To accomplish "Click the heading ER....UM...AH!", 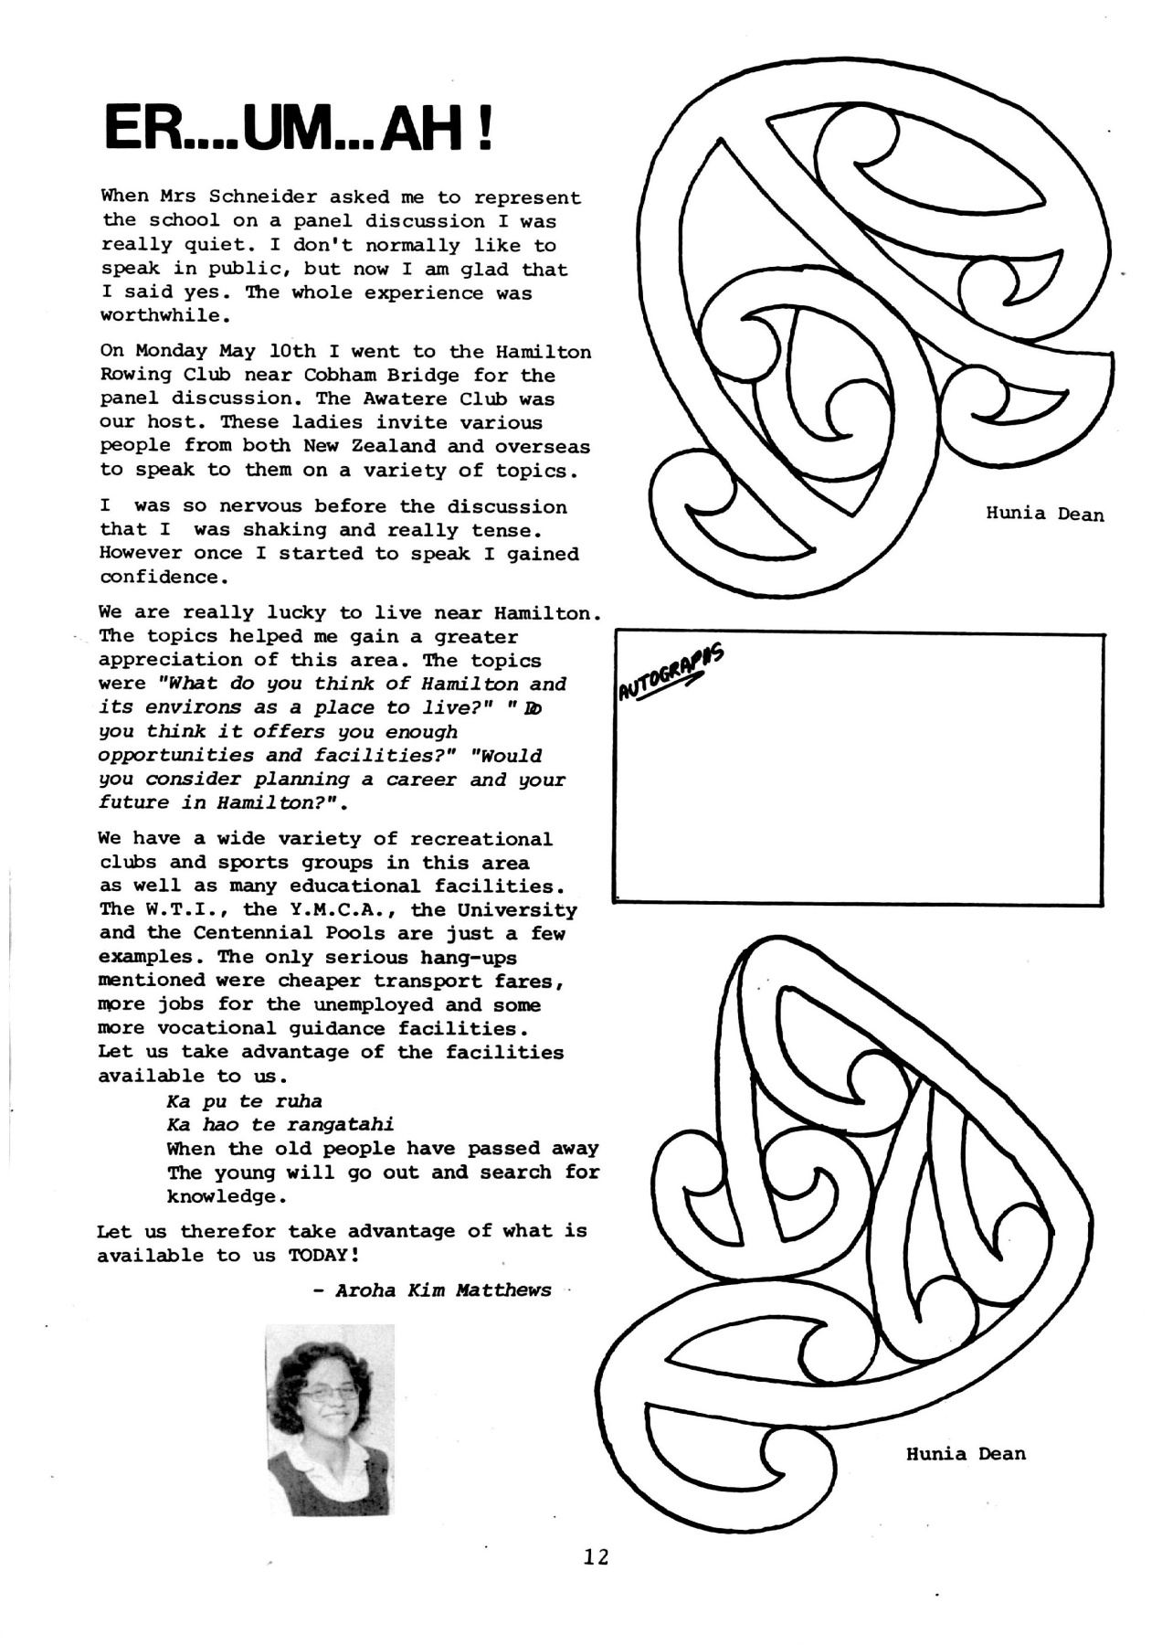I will [300, 128].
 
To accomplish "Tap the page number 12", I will [596, 1556].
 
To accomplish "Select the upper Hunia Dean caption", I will [1044, 514].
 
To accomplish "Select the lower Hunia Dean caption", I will [966, 1453].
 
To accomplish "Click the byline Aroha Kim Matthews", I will [442, 1290].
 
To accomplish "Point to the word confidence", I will [160, 578].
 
